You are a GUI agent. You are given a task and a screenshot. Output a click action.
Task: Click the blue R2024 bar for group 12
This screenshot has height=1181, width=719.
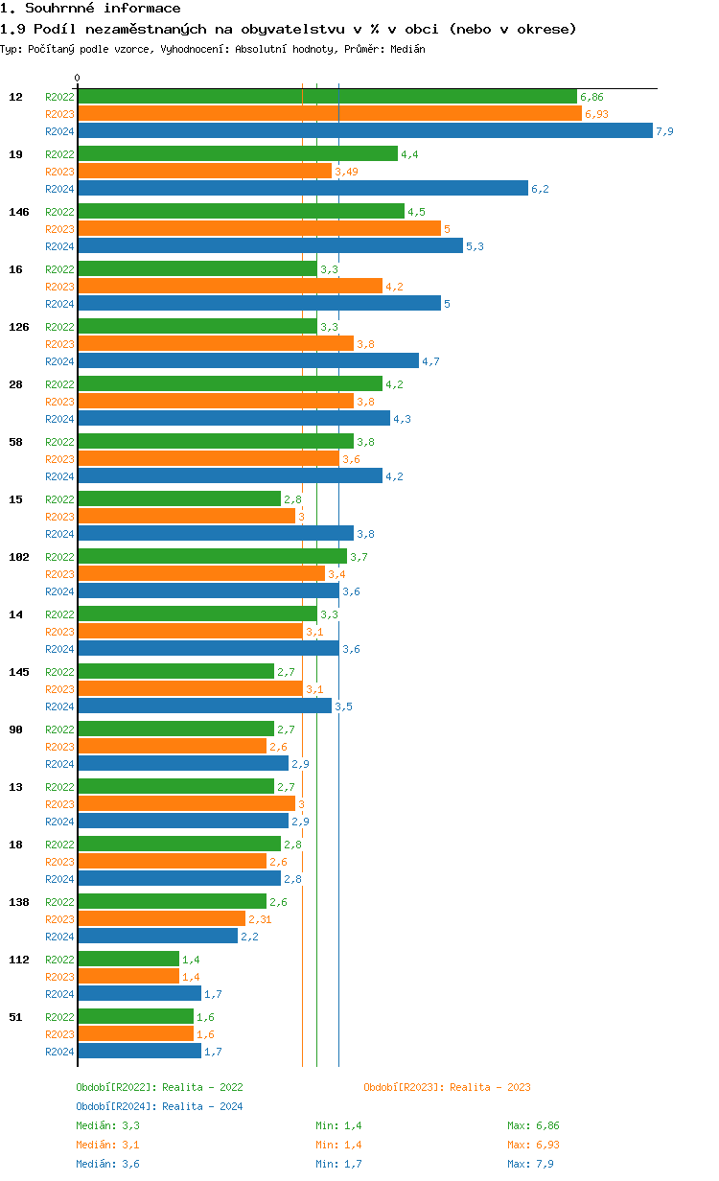point(364,131)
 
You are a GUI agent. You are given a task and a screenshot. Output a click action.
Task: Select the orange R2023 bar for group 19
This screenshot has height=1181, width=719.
point(204,171)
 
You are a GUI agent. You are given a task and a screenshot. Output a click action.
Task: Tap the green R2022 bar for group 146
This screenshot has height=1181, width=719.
point(241,211)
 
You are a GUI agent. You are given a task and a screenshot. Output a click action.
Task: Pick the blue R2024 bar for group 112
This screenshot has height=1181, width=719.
point(139,993)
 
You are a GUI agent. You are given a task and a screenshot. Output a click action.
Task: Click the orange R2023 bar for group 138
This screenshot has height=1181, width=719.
point(161,918)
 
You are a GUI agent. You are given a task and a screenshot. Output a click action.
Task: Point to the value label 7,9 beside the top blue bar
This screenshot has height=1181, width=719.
point(664,131)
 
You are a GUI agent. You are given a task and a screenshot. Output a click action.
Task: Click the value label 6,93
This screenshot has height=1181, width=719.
point(596,114)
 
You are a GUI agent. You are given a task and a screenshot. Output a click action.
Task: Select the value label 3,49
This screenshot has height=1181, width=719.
point(346,172)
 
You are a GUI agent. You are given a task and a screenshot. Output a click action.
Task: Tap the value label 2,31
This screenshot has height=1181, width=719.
point(260,919)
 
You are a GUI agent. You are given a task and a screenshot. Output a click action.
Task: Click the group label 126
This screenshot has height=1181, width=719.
point(19,327)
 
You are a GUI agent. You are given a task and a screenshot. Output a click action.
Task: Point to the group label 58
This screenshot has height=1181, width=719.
point(15,442)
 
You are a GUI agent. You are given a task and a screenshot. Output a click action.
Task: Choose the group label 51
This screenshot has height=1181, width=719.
point(15,1017)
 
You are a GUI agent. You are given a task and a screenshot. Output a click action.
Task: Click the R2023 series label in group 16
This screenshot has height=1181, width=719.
point(59,287)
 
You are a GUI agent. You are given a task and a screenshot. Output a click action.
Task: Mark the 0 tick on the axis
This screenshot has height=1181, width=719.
point(78,78)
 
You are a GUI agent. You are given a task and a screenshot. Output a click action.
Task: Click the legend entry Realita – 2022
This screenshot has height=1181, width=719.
point(159,1087)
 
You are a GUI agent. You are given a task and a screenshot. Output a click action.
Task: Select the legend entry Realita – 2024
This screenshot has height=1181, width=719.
point(159,1106)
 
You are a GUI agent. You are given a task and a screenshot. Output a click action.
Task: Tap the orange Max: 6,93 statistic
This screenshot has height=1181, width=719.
point(533,1145)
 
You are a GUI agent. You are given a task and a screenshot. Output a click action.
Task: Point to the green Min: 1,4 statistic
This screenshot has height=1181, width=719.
point(338,1125)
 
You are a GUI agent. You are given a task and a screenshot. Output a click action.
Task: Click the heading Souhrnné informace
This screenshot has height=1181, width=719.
point(90,9)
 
